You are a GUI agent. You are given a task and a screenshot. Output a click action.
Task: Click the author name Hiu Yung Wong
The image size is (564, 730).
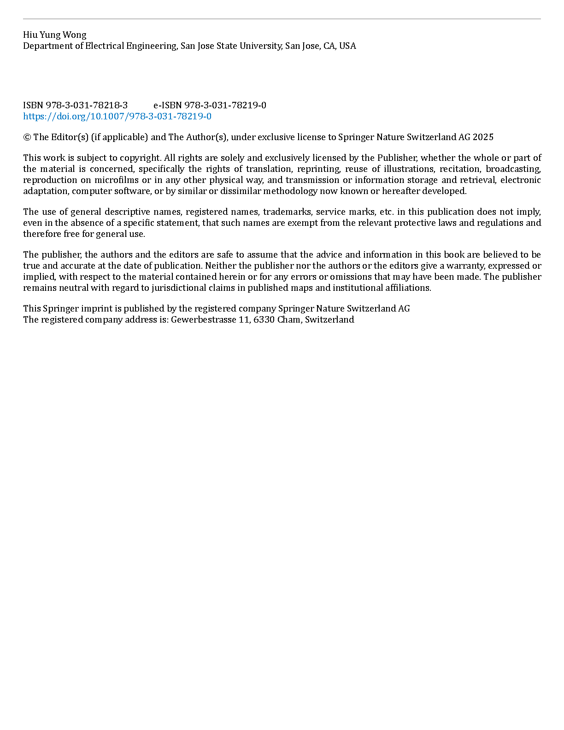tap(54, 35)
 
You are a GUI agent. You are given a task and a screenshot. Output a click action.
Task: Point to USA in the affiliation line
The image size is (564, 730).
tap(347, 46)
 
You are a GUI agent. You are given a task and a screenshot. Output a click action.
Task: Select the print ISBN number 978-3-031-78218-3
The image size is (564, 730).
tap(87, 106)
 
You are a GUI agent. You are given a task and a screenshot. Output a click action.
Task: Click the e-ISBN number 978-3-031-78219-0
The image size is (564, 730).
tap(225, 106)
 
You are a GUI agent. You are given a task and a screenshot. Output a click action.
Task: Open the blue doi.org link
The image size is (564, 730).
tap(117, 117)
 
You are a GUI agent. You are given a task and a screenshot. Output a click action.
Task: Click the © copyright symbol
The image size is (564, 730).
tap(27, 137)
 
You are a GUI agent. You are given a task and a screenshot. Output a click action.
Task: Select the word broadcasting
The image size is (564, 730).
tap(513, 169)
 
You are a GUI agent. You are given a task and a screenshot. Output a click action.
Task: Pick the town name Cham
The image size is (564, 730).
tap(288, 320)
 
